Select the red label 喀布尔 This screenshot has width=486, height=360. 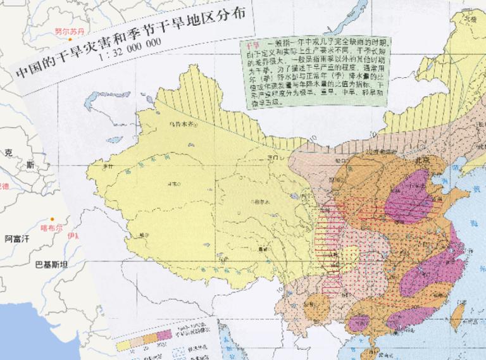(x=52, y=227)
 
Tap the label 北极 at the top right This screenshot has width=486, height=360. (x=470, y=18)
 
